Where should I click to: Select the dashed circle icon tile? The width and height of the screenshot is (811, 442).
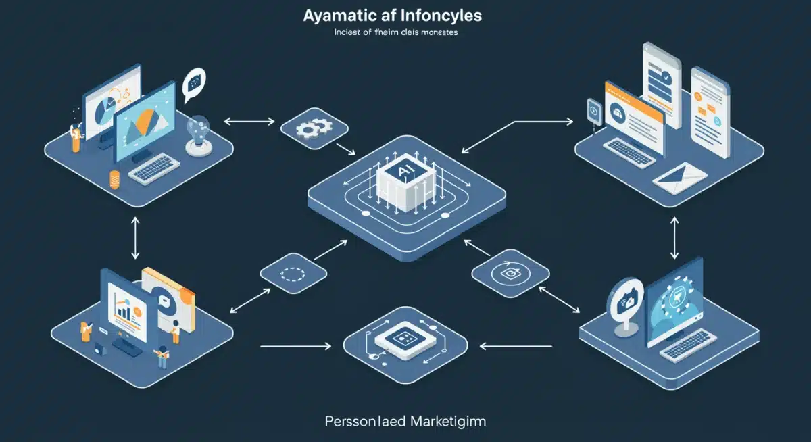tap(294, 274)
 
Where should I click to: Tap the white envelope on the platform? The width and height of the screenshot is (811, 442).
tap(680, 178)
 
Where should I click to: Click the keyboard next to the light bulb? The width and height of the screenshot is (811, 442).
tap(153, 168)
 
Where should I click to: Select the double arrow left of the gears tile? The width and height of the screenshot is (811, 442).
tap(249, 122)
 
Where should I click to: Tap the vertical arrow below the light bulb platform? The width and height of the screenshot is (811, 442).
tap(135, 239)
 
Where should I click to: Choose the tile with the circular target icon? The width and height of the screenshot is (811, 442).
tap(510, 272)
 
